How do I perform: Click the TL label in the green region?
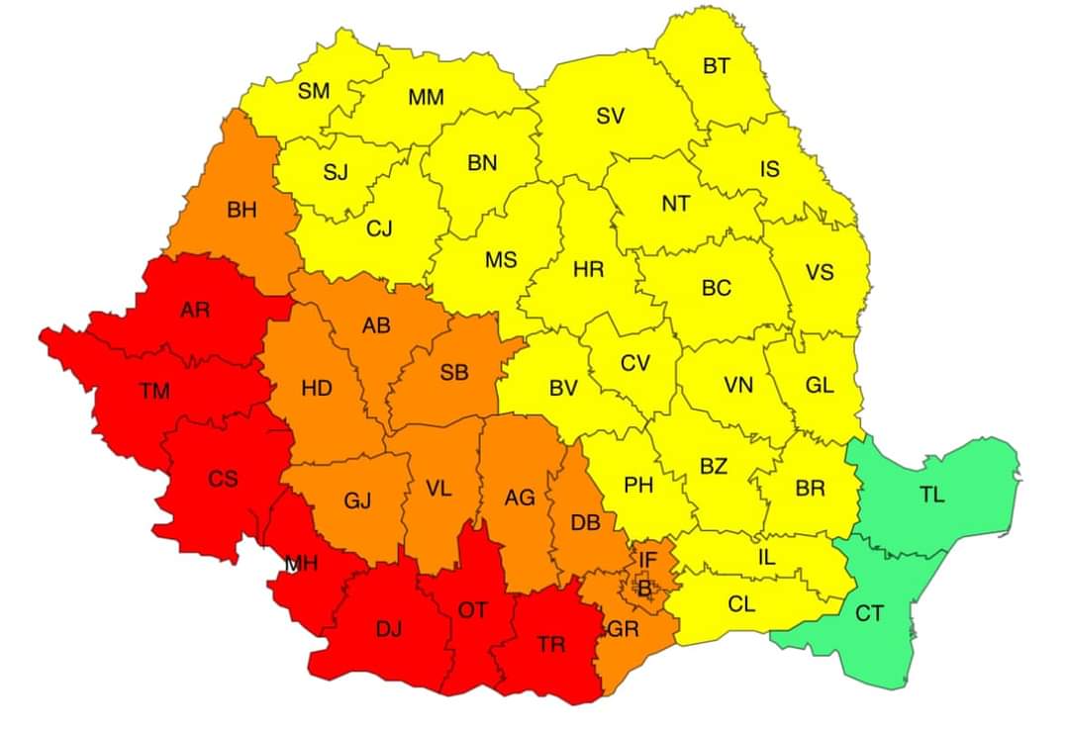coord(930,496)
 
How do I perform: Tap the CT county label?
coord(869,614)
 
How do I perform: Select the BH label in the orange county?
coord(242,210)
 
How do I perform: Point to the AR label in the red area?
coord(195,310)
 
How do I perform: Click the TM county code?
coord(154,391)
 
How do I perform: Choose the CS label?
coord(223,479)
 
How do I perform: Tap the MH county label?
coord(301,564)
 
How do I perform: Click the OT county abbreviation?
coord(472,610)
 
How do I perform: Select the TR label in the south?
coord(551,644)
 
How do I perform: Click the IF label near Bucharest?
coord(647,561)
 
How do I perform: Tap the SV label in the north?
coord(610,116)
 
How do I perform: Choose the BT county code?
coord(717,66)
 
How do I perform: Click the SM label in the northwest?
coord(314,91)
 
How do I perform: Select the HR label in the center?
coord(589,268)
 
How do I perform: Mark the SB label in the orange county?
coord(454,372)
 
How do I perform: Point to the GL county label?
coord(819,386)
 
